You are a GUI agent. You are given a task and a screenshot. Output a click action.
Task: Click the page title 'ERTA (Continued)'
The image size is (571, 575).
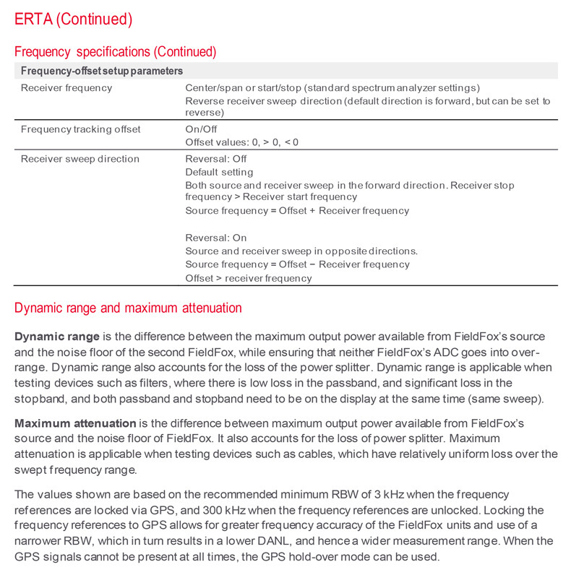(x=73, y=19)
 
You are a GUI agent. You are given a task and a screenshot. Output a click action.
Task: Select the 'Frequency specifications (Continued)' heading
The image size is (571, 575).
(x=115, y=52)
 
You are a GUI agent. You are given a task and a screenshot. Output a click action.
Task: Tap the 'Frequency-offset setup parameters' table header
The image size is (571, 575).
(x=101, y=71)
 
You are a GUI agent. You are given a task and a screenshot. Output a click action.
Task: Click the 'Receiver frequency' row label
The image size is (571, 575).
(x=66, y=88)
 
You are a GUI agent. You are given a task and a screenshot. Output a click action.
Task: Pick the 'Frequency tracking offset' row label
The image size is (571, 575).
(x=80, y=129)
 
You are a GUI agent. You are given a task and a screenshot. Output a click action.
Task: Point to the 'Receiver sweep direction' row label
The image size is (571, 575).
(x=80, y=159)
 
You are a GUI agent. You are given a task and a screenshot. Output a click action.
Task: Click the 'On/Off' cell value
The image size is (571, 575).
(x=201, y=129)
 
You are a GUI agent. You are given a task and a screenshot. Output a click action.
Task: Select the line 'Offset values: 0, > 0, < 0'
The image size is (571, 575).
(x=241, y=142)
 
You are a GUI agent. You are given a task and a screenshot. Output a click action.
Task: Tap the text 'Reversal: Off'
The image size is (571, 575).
(x=215, y=159)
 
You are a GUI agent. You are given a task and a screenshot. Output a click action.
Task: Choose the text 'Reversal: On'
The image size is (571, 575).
(x=215, y=238)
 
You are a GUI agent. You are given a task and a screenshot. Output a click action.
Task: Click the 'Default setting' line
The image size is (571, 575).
(x=219, y=172)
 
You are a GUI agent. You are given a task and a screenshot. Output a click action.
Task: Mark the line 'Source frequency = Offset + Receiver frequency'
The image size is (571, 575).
(x=297, y=211)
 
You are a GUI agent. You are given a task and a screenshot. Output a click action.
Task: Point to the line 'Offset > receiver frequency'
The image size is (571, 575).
(x=249, y=278)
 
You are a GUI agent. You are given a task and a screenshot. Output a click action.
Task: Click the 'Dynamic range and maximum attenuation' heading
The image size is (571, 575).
(x=128, y=308)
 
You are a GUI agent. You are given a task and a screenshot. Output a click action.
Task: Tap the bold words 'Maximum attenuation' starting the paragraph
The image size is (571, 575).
(x=75, y=423)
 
